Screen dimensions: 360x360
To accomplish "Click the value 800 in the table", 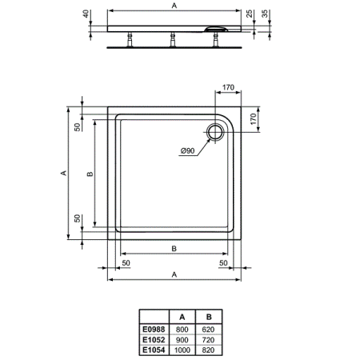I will click(182, 328).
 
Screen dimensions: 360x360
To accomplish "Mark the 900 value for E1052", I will click(182, 338).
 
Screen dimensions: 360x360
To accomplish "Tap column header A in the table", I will click(182, 318).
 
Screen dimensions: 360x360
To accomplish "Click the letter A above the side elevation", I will click(174, 6).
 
